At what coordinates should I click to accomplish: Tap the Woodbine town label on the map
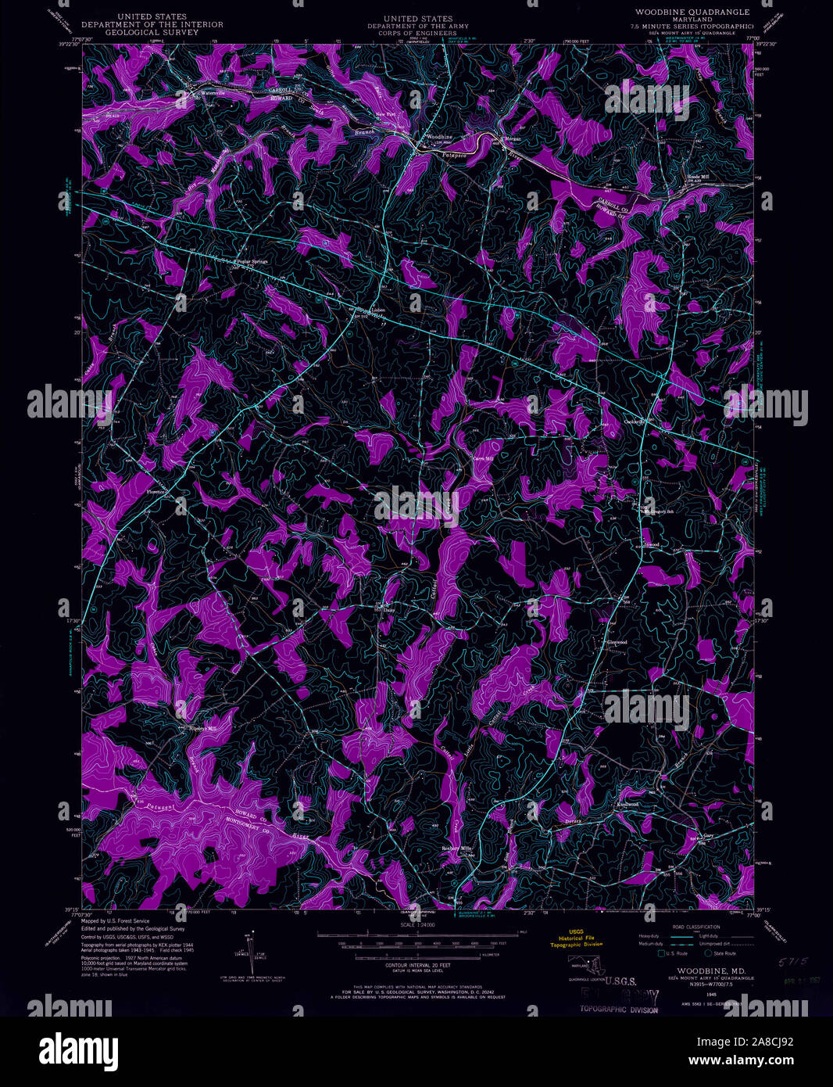click(x=434, y=135)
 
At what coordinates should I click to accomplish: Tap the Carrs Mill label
click(x=484, y=458)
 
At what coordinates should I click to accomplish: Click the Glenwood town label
click(x=617, y=642)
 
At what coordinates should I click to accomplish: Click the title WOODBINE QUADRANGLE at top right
click(x=692, y=13)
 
